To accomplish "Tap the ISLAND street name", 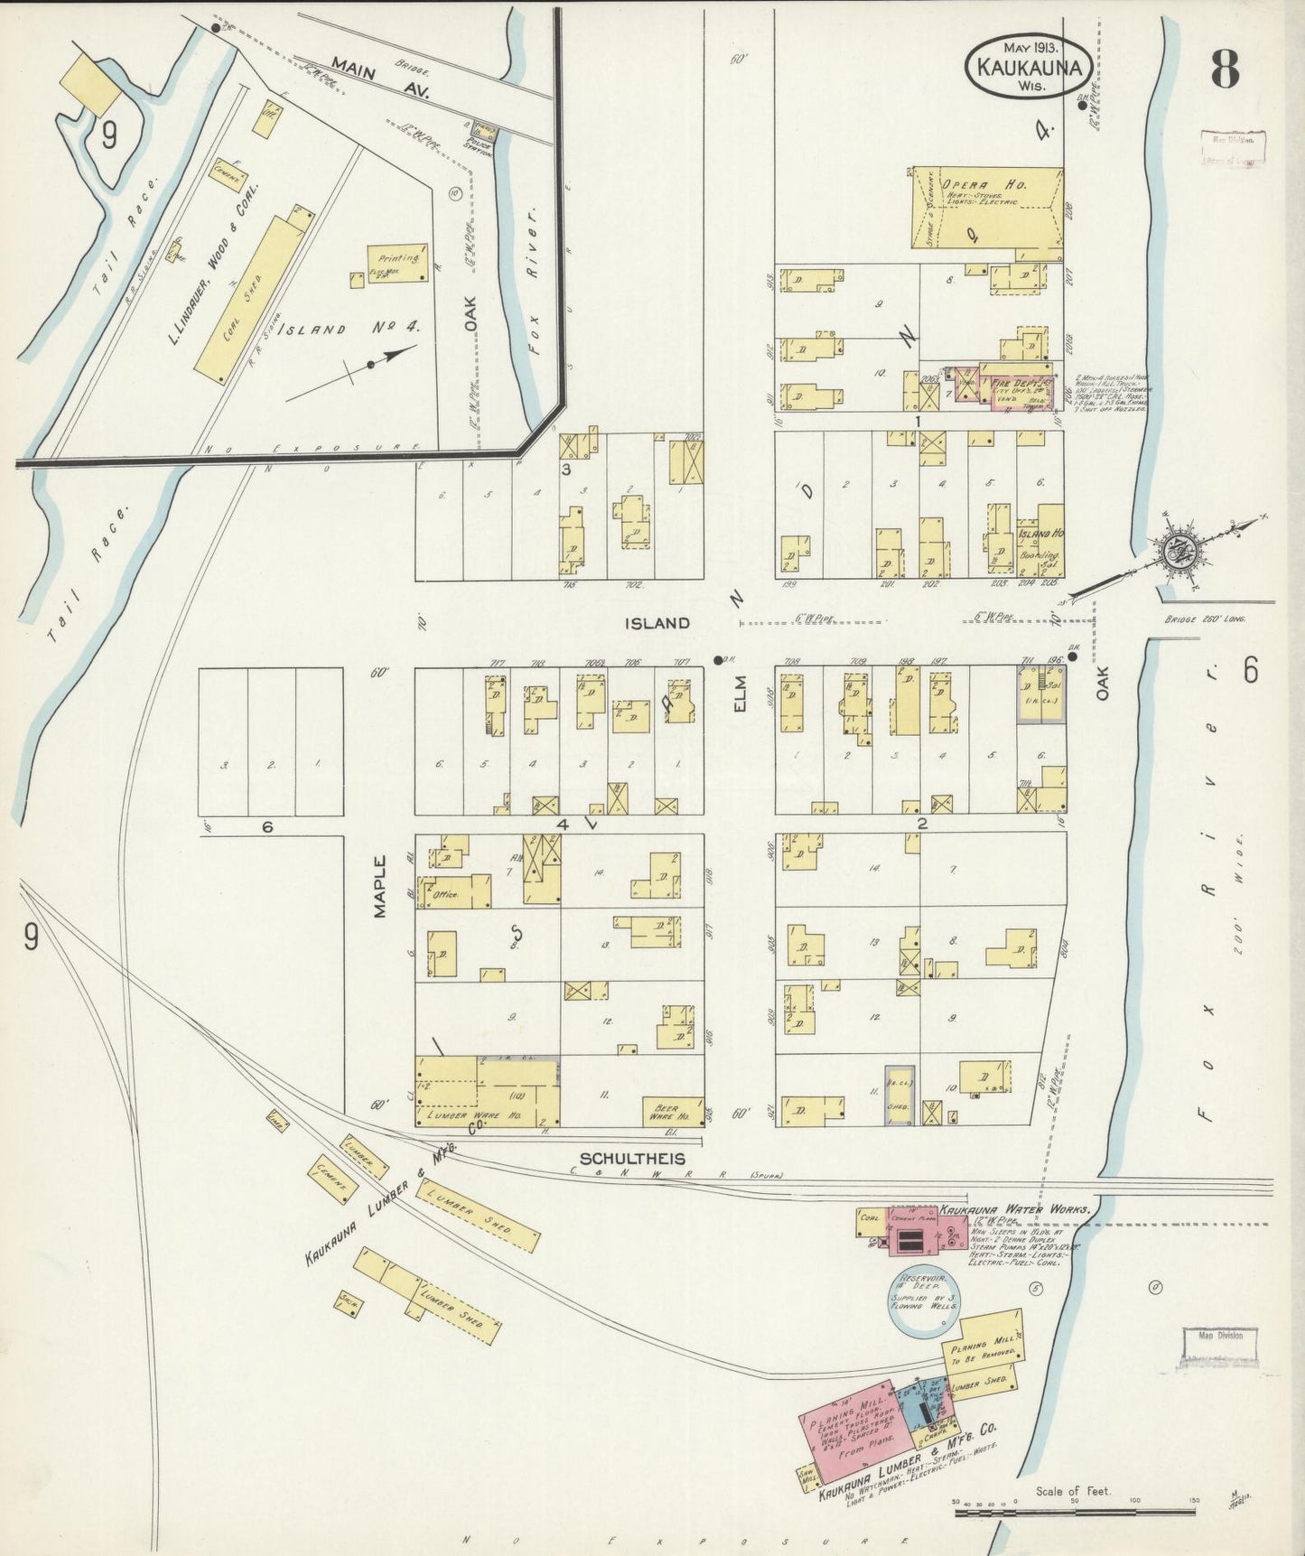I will (x=660, y=623).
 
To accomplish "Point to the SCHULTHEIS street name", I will (x=632, y=1159).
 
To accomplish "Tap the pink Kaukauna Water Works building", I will (x=915, y=1230).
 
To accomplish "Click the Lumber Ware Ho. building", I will (x=488, y=1093).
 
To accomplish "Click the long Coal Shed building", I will (x=250, y=300).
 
